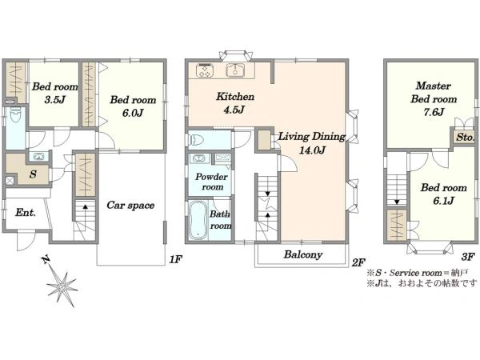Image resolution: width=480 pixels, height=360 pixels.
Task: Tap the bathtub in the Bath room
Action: [x=198, y=220]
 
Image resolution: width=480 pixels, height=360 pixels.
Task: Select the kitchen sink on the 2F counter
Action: [x=235, y=70]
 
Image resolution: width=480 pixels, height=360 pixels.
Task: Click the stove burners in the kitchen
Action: [x=205, y=70]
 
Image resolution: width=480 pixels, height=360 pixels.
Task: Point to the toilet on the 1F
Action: [x=14, y=115]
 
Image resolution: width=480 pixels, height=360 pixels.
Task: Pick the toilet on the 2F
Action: [x=197, y=141]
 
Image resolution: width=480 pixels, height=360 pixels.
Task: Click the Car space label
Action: [x=130, y=205]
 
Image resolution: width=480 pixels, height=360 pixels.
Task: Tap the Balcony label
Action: [x=302, y=254]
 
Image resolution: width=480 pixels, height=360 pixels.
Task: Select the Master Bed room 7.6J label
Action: [x=434, y=99]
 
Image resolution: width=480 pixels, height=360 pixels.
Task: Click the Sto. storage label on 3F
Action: [x=465, y=137]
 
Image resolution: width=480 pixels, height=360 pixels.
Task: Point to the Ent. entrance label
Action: [x=26, y=212]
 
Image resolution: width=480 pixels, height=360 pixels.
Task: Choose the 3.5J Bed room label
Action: [x=55, y=93]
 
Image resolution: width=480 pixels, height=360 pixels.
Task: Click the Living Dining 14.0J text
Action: [x=312, y=143]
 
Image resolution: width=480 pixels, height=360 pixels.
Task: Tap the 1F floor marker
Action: [x=176, y=259]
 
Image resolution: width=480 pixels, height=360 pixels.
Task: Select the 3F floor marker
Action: [x=468, y=257]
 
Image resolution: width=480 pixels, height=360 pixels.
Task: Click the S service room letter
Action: [x=33, y=174]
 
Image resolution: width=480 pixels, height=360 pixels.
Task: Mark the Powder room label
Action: [x=211, y=182]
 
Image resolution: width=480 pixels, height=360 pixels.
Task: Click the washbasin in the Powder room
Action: [x=199, y=158]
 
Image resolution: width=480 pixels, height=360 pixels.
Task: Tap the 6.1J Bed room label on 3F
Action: [x=443, y=194]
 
